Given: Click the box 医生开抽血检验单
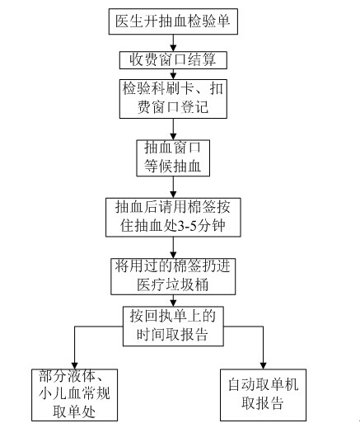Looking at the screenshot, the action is [173, 21].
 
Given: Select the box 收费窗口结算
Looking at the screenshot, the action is [173, 60].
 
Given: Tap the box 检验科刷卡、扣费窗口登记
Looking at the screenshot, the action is [173, 99].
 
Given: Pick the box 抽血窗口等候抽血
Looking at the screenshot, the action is [173, 158].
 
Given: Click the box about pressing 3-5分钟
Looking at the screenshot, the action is [173, 217].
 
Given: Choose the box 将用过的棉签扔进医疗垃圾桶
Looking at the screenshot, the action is [173, 276].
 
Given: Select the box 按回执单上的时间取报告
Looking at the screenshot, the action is [173, 326].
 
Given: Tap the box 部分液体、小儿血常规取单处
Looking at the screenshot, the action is [74, 395].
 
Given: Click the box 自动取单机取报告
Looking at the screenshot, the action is [263, 395].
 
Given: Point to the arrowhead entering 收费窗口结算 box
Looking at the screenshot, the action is [173, 48].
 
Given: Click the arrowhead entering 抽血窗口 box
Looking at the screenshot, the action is [173, 137].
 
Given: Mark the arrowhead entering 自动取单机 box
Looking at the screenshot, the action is [263, 366].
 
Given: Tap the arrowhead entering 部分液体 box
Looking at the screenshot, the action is [74, 366].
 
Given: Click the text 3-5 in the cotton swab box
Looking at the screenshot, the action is [186, 226].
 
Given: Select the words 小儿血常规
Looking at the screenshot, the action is [74, 393].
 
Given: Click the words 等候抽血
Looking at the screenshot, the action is [173, 167].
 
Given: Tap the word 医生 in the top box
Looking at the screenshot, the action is [129, 21].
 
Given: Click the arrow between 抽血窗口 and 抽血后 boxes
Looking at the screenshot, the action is [173, 187].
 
